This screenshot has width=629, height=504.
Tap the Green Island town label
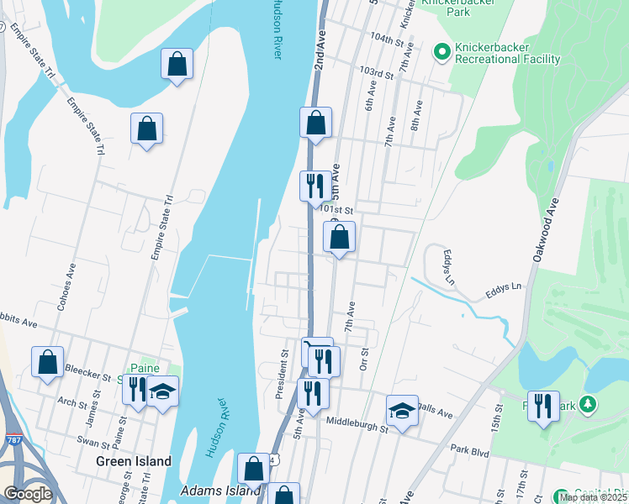[x=133, y=461]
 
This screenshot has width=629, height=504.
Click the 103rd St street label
[x=376, y=75]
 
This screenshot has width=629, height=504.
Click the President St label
[x=283, y=368]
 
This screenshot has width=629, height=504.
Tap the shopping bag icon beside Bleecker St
[x=48, y=362]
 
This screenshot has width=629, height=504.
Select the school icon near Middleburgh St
[x=403, y=411]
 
